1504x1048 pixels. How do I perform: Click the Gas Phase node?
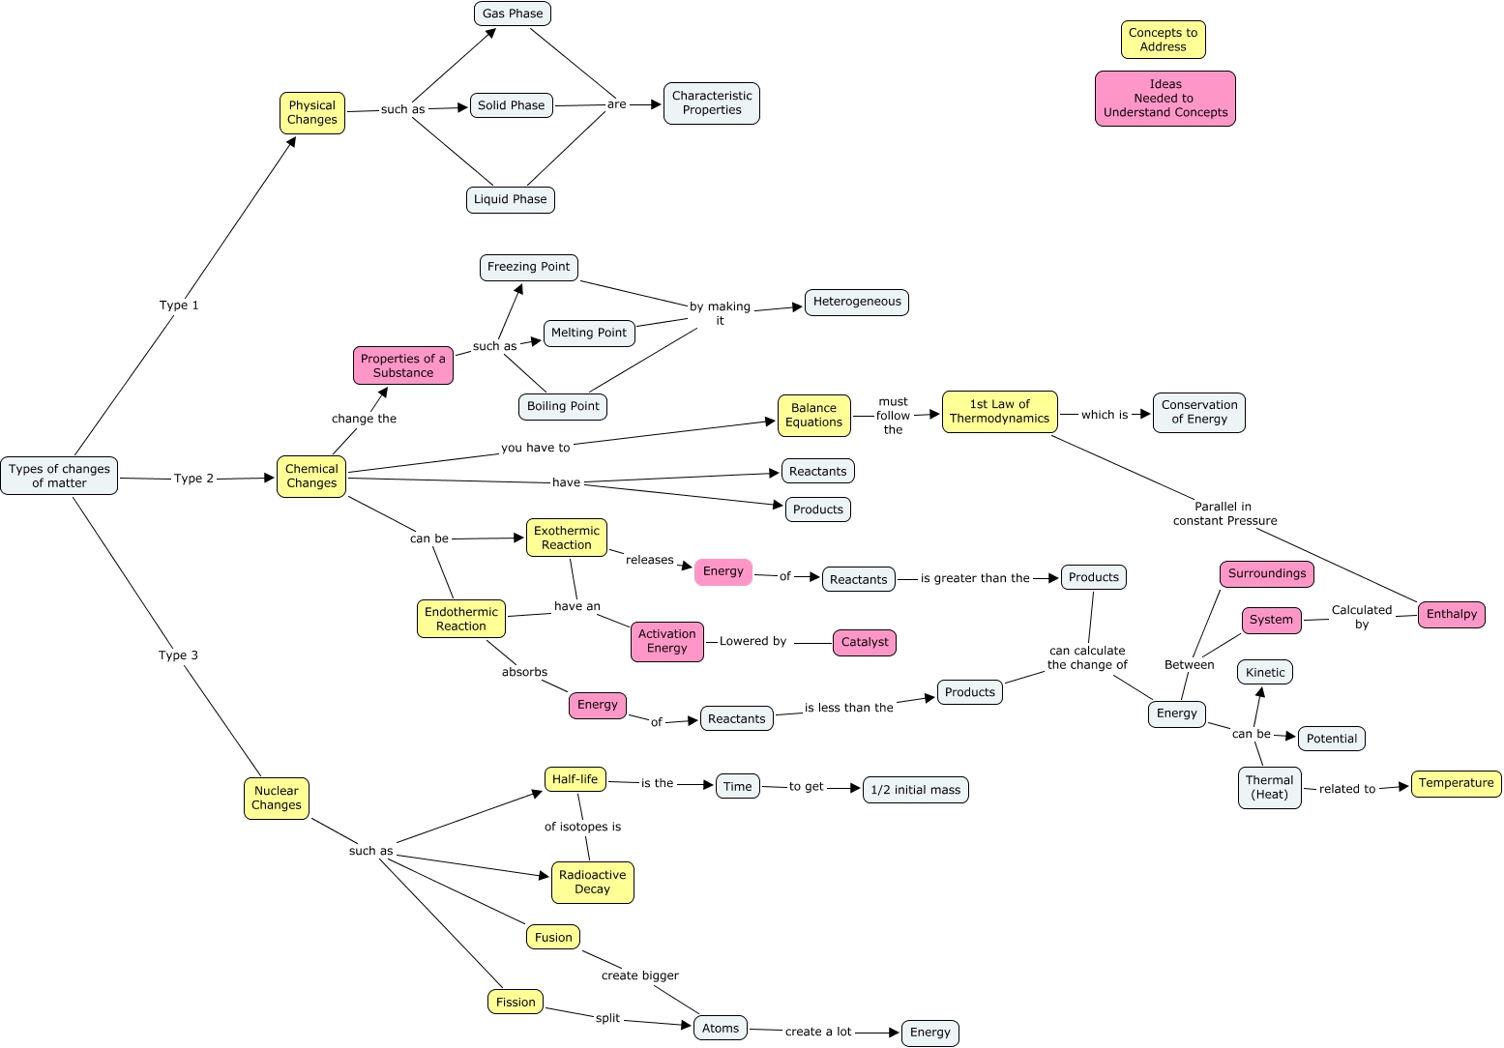(513, 14)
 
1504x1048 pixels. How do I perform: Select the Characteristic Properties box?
(712, 103)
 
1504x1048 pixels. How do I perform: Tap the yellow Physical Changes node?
(312, 113)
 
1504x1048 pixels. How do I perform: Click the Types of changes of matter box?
(59, 476)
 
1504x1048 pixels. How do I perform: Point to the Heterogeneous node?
(856, 302)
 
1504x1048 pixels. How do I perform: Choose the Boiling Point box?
(563, 406)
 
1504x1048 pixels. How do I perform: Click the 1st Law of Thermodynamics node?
(999, 412)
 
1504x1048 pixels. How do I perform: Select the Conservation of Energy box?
(1198, 413)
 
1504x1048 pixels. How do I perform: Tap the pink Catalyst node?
(865, 642)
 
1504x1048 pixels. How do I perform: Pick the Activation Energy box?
(666, 642)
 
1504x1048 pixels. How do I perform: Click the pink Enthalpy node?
(1451, 614)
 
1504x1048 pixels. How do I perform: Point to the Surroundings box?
(1266, 573)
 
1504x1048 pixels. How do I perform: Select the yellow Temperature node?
(1456, 783)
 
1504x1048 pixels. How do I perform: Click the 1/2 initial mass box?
(915, 790)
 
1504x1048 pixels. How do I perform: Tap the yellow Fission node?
(516, 1003)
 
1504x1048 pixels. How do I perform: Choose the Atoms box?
(721, 1028)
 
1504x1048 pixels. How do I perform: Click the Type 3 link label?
(178, 655)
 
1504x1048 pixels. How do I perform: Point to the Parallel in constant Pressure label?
(1224, 513)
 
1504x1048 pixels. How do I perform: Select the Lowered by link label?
(752, 641)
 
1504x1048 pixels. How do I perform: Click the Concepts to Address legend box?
(1163, 40)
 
